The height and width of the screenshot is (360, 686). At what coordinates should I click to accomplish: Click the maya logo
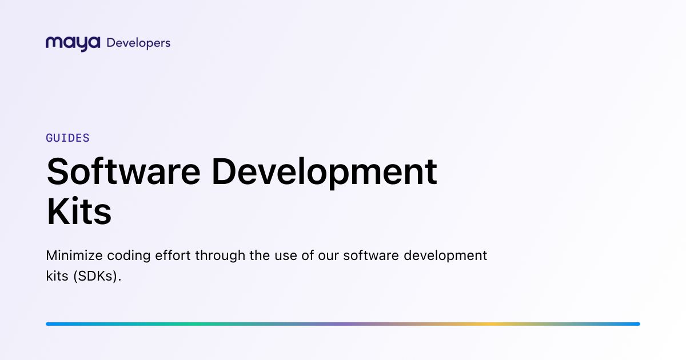[x=73, y=44]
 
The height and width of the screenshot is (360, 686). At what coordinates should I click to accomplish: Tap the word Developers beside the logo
[x=138, y=43]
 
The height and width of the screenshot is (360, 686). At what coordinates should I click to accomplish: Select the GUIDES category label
[x=67, y=138]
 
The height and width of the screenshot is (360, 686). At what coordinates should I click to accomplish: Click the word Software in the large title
[x=123, y=171]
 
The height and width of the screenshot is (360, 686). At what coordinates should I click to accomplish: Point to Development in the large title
[x=324, y=173]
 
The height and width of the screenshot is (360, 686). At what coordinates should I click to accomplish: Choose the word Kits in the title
[x=79, y=211]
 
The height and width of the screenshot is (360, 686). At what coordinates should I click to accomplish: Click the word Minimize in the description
[x=74, y=255]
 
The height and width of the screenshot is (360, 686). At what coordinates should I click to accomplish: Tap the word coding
[x=129, y=256]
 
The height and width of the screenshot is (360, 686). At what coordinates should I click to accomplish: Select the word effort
[x=173, y=255]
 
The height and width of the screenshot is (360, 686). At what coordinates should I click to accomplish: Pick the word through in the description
[x=220, y=256]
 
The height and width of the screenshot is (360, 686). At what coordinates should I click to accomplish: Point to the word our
[x=328, y=257]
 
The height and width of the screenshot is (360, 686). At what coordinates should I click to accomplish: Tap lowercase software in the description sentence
[x=371, y=255]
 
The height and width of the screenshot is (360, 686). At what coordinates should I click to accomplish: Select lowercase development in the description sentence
[x=445, y=256]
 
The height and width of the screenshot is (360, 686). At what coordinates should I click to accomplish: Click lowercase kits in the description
[x=57, y=276]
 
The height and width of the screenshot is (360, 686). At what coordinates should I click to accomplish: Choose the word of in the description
[x=308, y=255]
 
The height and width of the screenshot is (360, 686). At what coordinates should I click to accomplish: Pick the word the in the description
[x=260, y=255]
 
